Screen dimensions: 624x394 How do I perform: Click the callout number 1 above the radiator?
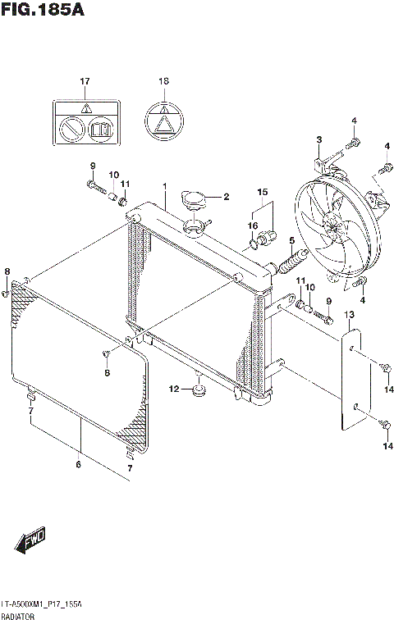click(164, 186)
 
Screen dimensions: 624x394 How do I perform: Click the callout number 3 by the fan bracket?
click(318, 139)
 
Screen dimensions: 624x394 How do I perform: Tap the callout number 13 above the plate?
click(349, 315)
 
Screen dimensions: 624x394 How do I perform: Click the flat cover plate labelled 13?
click(352, 378)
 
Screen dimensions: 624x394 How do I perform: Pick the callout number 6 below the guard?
click(79, 466)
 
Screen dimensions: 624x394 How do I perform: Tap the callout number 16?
click(254, 225)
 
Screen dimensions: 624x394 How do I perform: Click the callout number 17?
click(84, 81)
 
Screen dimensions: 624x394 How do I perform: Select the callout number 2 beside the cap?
click(226, 197)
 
